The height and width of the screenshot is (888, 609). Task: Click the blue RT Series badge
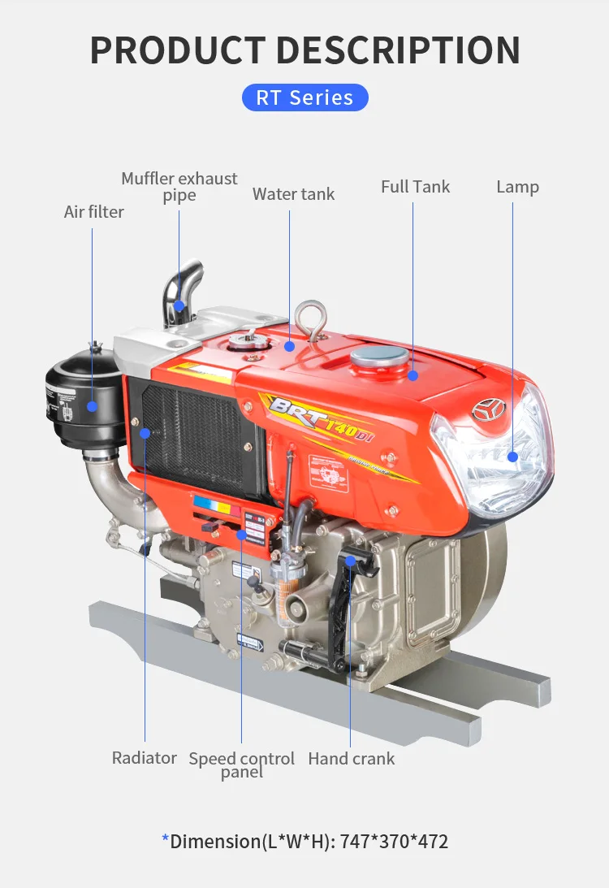coord(304,97)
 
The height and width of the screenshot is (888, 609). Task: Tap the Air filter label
coord(94,212)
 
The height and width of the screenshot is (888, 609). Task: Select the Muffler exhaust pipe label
coord(179,186)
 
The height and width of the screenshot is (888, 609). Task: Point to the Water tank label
coord(293,194)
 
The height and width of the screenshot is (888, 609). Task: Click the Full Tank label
coord(415,187)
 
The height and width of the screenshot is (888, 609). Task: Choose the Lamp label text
coord(517,187)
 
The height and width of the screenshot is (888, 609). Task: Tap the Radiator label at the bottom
coord(144,758)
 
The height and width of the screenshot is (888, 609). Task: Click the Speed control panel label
coord(242,765)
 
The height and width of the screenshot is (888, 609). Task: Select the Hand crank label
coord(351,759)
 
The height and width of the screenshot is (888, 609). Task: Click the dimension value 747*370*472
coord(394,841)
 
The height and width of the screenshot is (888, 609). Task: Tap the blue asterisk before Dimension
coord(166,839)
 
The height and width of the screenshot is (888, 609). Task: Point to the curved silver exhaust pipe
coord(184,288)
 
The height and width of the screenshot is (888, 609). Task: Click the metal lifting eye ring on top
coord(312,318)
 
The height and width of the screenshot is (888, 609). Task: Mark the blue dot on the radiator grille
coord(145,433)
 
